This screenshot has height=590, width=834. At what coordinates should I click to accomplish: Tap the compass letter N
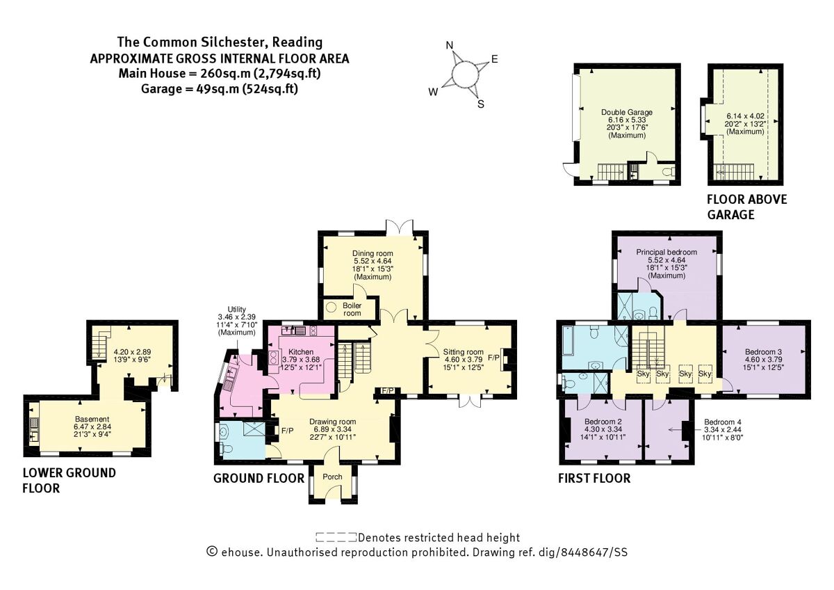(x=450, y=47)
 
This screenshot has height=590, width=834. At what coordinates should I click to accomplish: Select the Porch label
(x=334, y=478)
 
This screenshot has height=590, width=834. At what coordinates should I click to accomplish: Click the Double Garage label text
(x=627, y=111)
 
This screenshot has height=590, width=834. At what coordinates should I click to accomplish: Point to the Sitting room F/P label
(x=494, y=358)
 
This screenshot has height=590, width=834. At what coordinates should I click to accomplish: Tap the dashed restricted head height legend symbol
(x=336, y=537)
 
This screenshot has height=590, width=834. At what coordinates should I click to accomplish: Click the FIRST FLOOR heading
(x=595, y=479)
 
